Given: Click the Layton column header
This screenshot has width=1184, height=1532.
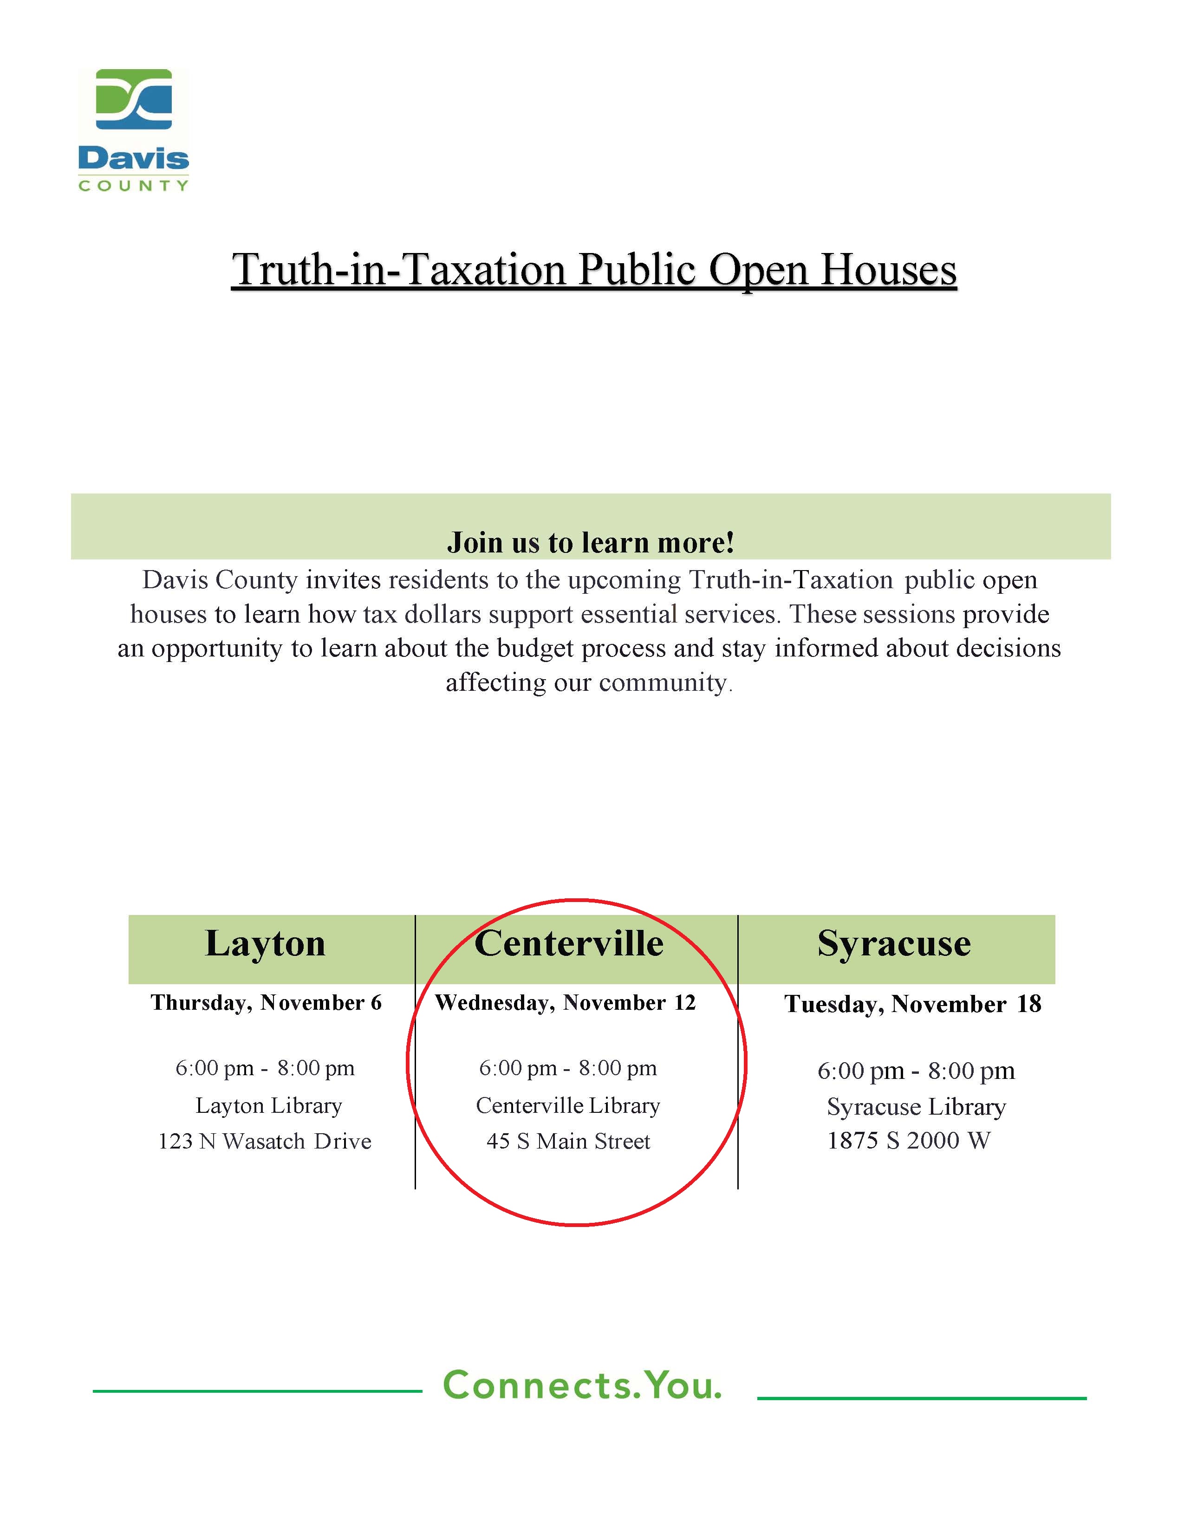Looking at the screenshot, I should coord(265,943).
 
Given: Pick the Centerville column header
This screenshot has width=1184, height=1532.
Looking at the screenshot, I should coord(569,943).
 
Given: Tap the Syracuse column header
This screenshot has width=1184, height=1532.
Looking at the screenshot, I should coord(894,943).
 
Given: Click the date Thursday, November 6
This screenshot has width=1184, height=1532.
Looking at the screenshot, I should coord(266,1003).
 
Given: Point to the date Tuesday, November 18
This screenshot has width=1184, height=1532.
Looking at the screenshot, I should coord(912,1005).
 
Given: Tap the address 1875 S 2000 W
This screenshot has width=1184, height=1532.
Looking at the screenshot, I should coord(908,1141).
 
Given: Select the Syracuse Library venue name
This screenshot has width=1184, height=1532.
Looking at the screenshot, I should coord(916,1107).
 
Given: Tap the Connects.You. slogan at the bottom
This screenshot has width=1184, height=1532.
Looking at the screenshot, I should coord(582,1385).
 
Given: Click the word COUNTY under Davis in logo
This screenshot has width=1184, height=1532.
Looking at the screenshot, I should coord(133,186).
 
